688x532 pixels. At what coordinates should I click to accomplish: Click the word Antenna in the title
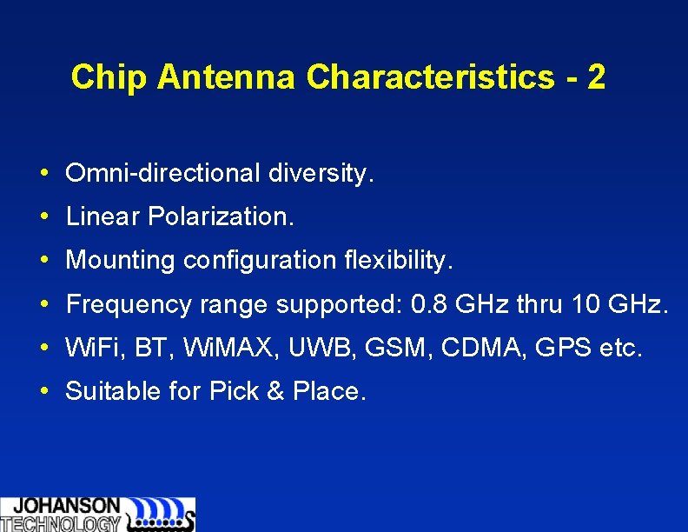coord(228,77)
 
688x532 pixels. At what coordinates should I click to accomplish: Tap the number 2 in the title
coord(596,77)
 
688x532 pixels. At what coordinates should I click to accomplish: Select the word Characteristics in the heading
coord(429,77)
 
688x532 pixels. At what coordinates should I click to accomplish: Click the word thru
coord(540,304)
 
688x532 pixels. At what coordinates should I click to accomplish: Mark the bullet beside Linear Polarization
coord(43,216)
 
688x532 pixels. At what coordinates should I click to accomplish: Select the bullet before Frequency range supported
coord(43,304)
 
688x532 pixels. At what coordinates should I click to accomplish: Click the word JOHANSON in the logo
coord(67,506)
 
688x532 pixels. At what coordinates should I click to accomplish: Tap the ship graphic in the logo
coord(162,515)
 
